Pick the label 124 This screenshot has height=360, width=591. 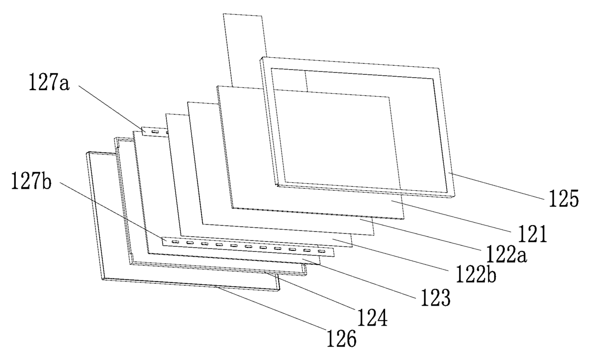pyautogui.click(x=370, y=317)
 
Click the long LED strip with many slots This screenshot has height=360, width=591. pyautogui.click(x=248, y=246)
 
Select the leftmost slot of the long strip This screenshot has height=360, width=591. pyautogui.click(x=174, y=242)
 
